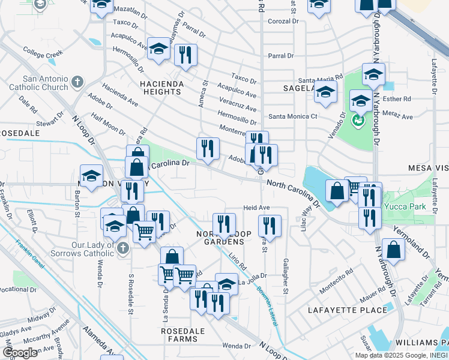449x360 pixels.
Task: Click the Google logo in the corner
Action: (20, 352)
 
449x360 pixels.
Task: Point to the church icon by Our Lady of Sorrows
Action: (122, 247)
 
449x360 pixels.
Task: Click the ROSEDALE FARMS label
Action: (183, 335)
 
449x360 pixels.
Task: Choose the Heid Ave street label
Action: (256, 208)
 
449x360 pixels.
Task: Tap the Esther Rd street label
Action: (400, 99)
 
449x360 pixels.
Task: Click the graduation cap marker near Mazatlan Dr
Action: (101, 5)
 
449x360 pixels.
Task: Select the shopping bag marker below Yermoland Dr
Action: (394, 251)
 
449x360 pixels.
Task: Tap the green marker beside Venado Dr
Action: (358, 120)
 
